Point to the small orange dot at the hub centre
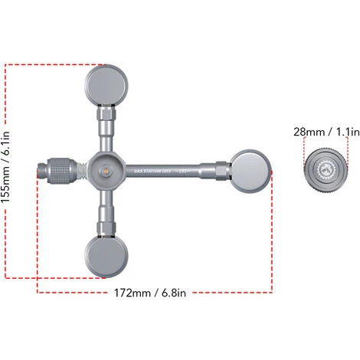(106, 166)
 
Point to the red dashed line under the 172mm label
(153, 291)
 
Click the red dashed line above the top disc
(54, 64)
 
